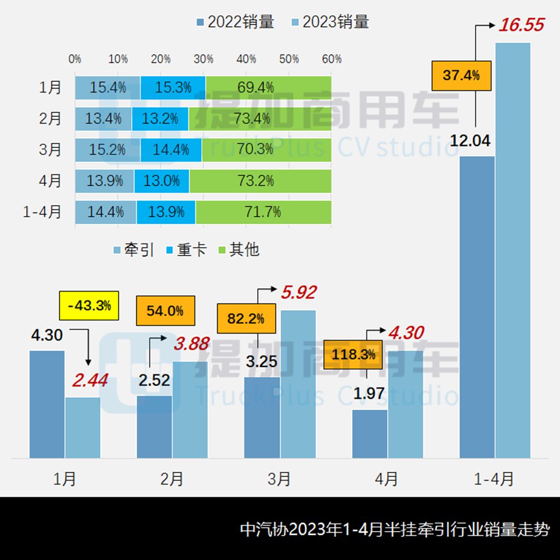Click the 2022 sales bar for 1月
pos(47,404)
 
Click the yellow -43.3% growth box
pos(89,305)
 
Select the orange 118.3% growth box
pos(353,354)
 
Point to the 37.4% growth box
pos(461,75)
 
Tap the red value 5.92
pos(299,293)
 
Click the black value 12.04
pos(470,141)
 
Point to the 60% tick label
pos(331,59)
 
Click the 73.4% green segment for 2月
pos(260,118)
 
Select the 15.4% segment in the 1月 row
pos(108,87)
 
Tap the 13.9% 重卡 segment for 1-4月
pos(166,212)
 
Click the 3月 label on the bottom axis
pos(279,479)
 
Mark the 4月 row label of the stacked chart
pos(50,181)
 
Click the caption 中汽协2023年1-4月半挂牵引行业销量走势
pos(394,529)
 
